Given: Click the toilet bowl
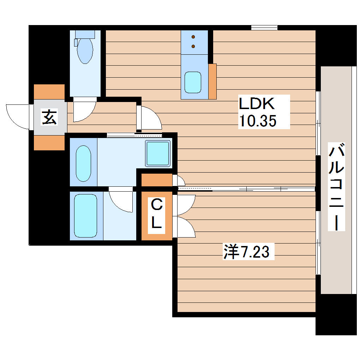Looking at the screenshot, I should pos(85,50).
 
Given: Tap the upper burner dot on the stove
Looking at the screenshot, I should pos(193,37).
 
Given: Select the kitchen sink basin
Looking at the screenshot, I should pos(193,82).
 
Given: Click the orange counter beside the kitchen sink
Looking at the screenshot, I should pos(212,82).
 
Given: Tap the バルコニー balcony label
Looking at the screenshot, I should pos(336,187).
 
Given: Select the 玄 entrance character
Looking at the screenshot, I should pos(49,117).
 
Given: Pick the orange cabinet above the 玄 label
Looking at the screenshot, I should pos(49,91).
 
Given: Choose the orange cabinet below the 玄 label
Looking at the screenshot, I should pos(49,143).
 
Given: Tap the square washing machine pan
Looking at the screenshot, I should pos(158,153).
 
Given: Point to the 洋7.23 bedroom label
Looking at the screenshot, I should pos(247,252).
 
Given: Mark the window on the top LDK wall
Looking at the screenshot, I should pos(264,28).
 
